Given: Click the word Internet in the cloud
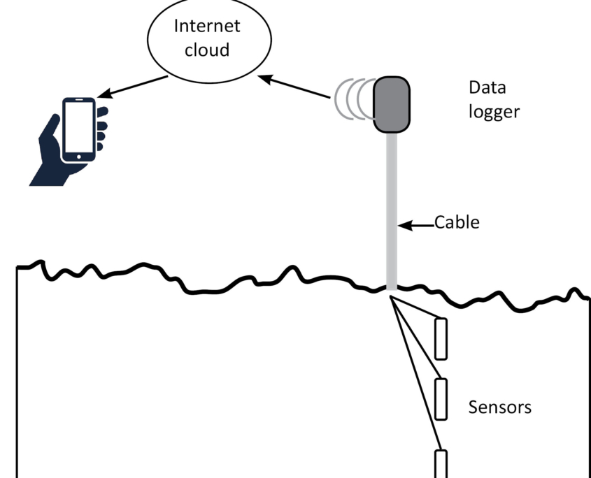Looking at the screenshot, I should [x=206, y=27].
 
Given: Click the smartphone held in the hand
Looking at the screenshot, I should [x=78, y=130].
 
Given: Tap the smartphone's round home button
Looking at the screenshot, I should [x=78, y=156].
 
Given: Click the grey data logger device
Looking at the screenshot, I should [x=392, y=105].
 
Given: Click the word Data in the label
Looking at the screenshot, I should [x=487, y=89].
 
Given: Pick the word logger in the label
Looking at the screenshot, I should [x=494, y=112].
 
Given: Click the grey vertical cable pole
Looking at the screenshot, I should [x=392, y=210].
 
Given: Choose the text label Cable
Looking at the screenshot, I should [x=457, y=223].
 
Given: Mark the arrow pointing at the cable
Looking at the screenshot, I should [x=417, y=225].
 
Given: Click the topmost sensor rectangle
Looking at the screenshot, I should [x=441, y=339].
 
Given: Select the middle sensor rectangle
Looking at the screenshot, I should [x=441, y=399].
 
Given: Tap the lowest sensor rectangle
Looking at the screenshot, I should [x=441, y=463].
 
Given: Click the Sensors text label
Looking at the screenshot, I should [x=499, y=407].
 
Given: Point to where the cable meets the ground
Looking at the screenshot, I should [x=392, y=289].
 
